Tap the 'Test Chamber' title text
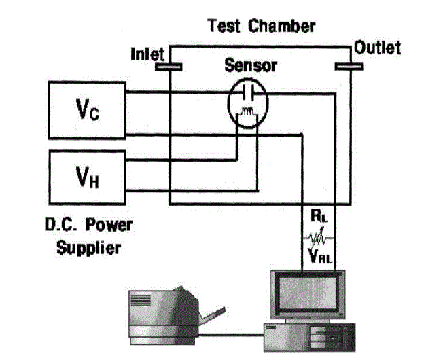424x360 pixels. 261,26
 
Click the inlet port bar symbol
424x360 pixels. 169,67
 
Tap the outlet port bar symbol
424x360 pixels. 351,67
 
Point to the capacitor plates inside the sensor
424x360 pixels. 247,92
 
